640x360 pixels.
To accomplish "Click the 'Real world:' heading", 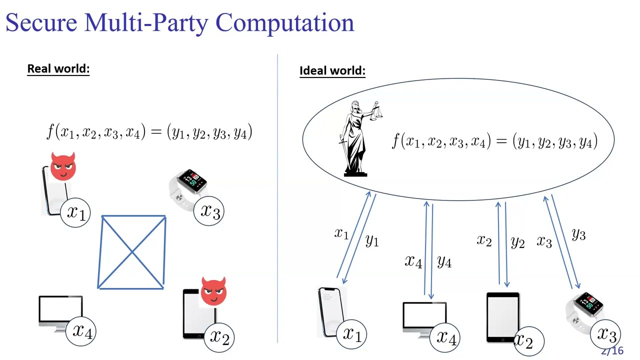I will pyautogui.click(x=58, y=68).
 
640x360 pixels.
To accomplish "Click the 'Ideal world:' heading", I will pyautogui.click(x=332, y=71).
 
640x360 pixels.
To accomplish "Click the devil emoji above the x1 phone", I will pyautogui.click(x=63, y=166).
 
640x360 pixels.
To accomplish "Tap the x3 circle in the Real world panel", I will pyautogui.click(x=210, y=212).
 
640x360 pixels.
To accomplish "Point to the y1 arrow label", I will pyautogui.click(x=372, y=240).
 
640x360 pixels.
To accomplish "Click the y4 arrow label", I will pyautogui.click(x=444, y=261).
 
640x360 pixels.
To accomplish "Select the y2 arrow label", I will pyautogui.click(x=517, y=242).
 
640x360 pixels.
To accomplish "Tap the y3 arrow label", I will pyautogui.click(x=578, y=234).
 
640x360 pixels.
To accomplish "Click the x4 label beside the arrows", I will pyautogui.click(x=413, y=261).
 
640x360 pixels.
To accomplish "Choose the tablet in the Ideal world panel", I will pyautogui.click(x=502, y=317).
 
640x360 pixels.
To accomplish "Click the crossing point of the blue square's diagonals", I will pyautogui.click(x=132, y=252).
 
